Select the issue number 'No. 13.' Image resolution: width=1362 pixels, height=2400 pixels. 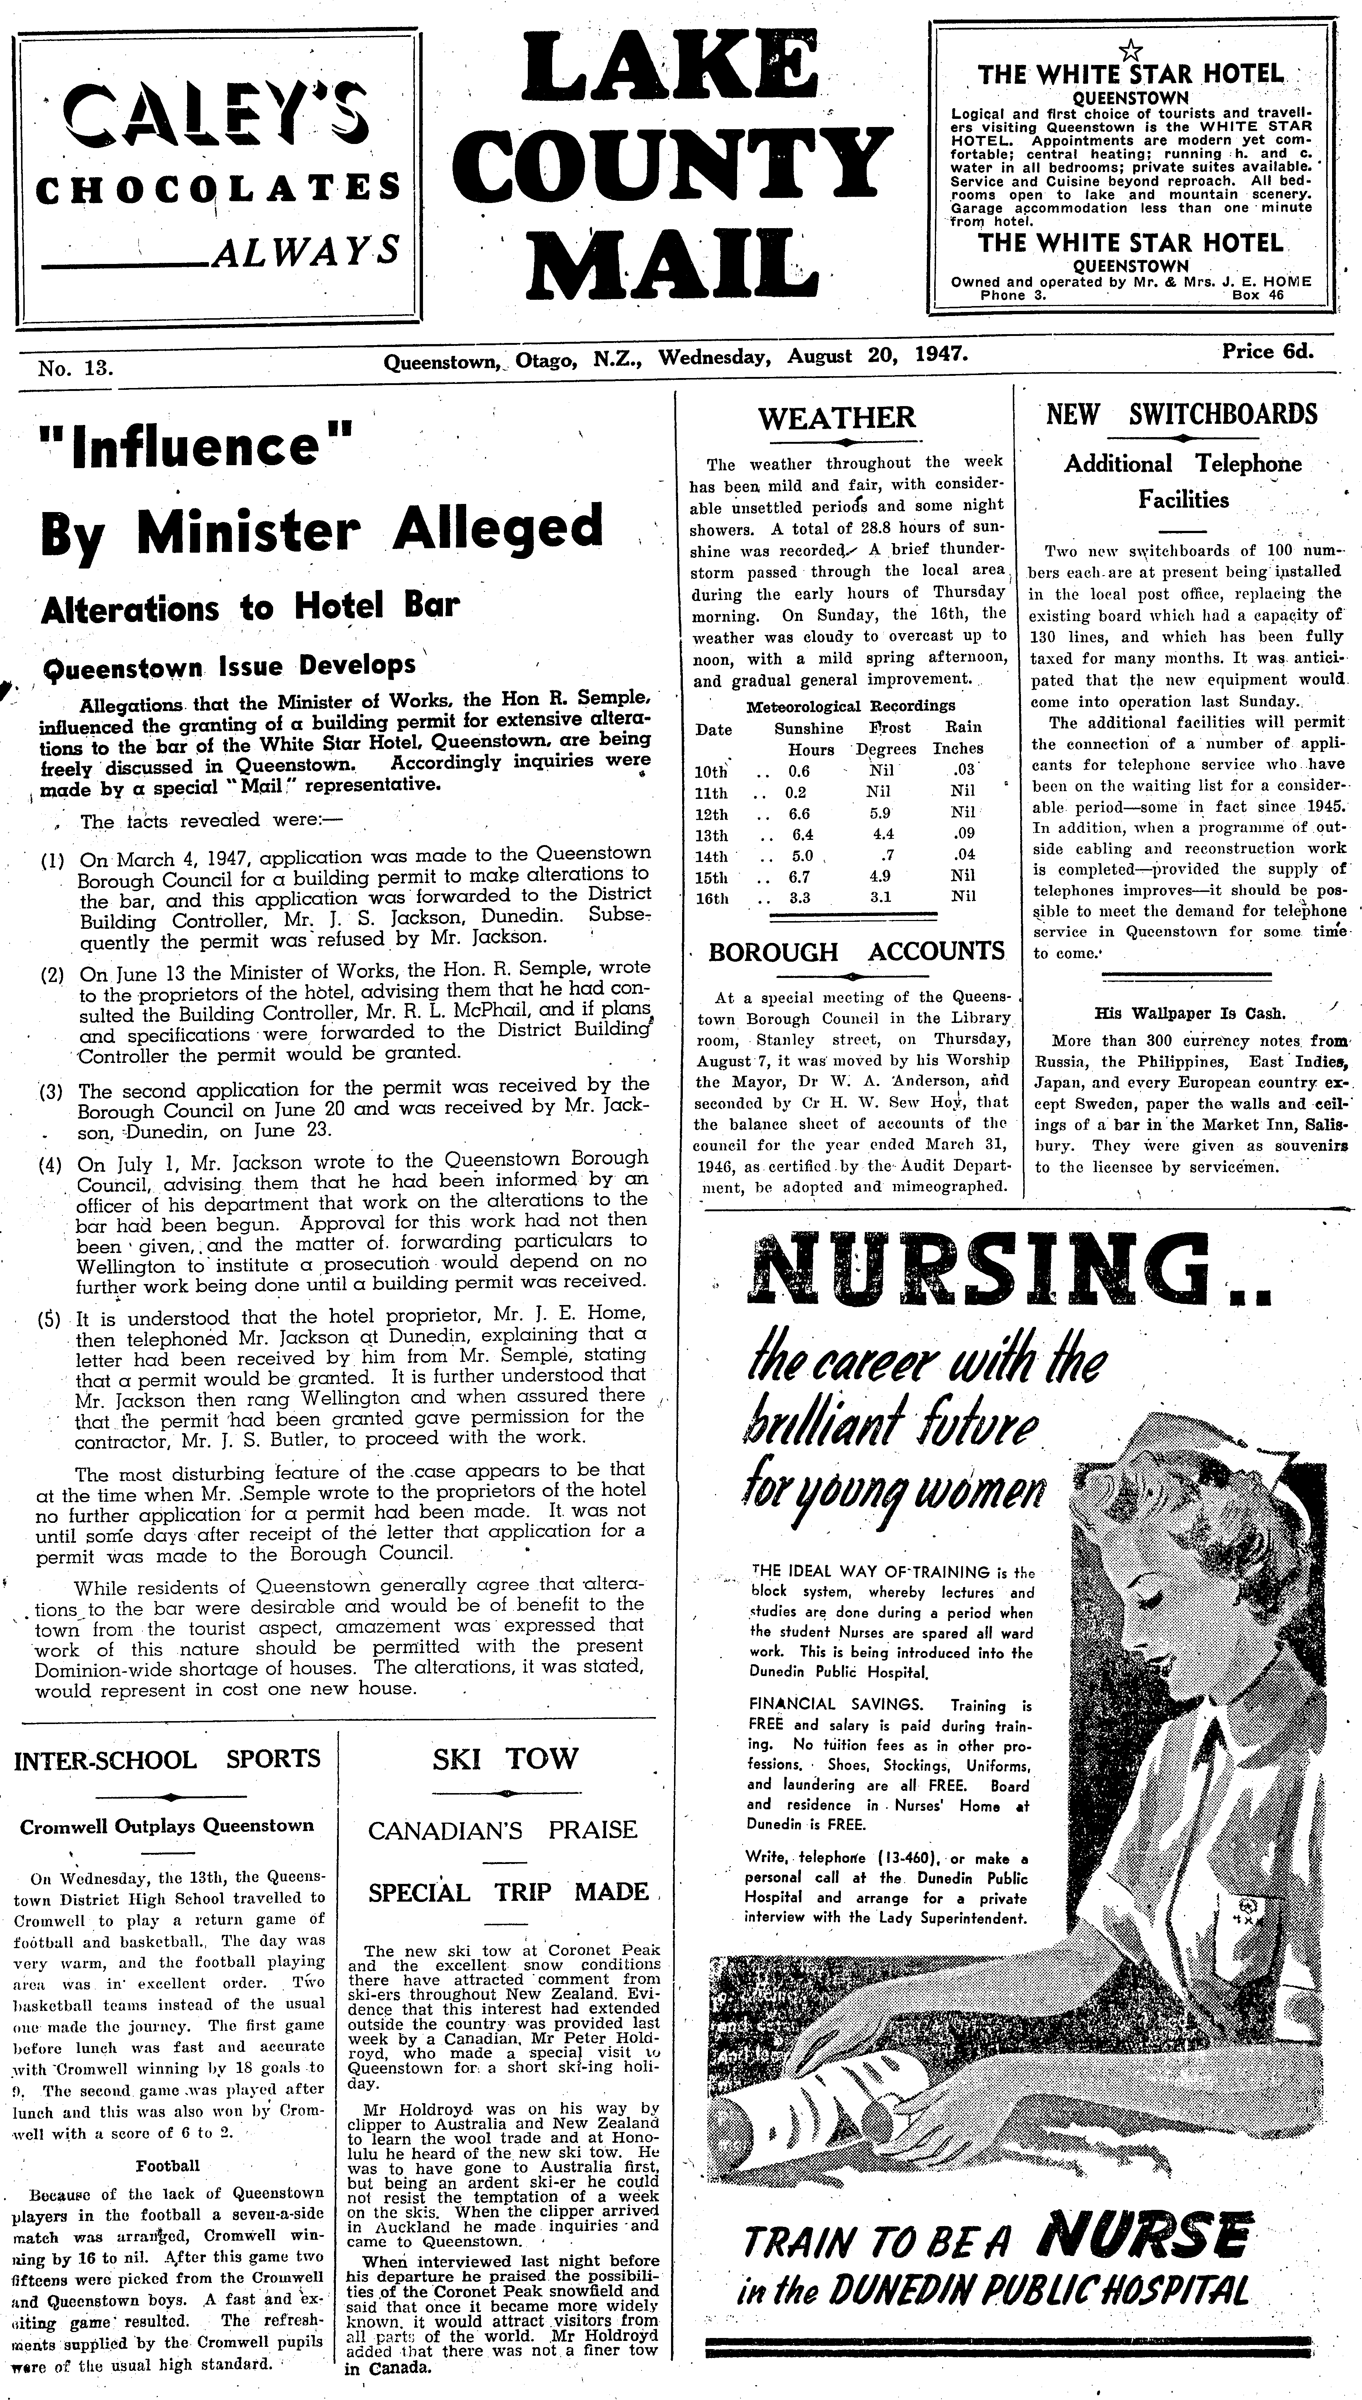coord(75,368)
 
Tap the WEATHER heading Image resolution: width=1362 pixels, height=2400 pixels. coord(836,418)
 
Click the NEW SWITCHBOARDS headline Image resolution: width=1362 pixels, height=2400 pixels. coord(1182,414)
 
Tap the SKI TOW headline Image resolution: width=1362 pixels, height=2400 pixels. coord(505,1759)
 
